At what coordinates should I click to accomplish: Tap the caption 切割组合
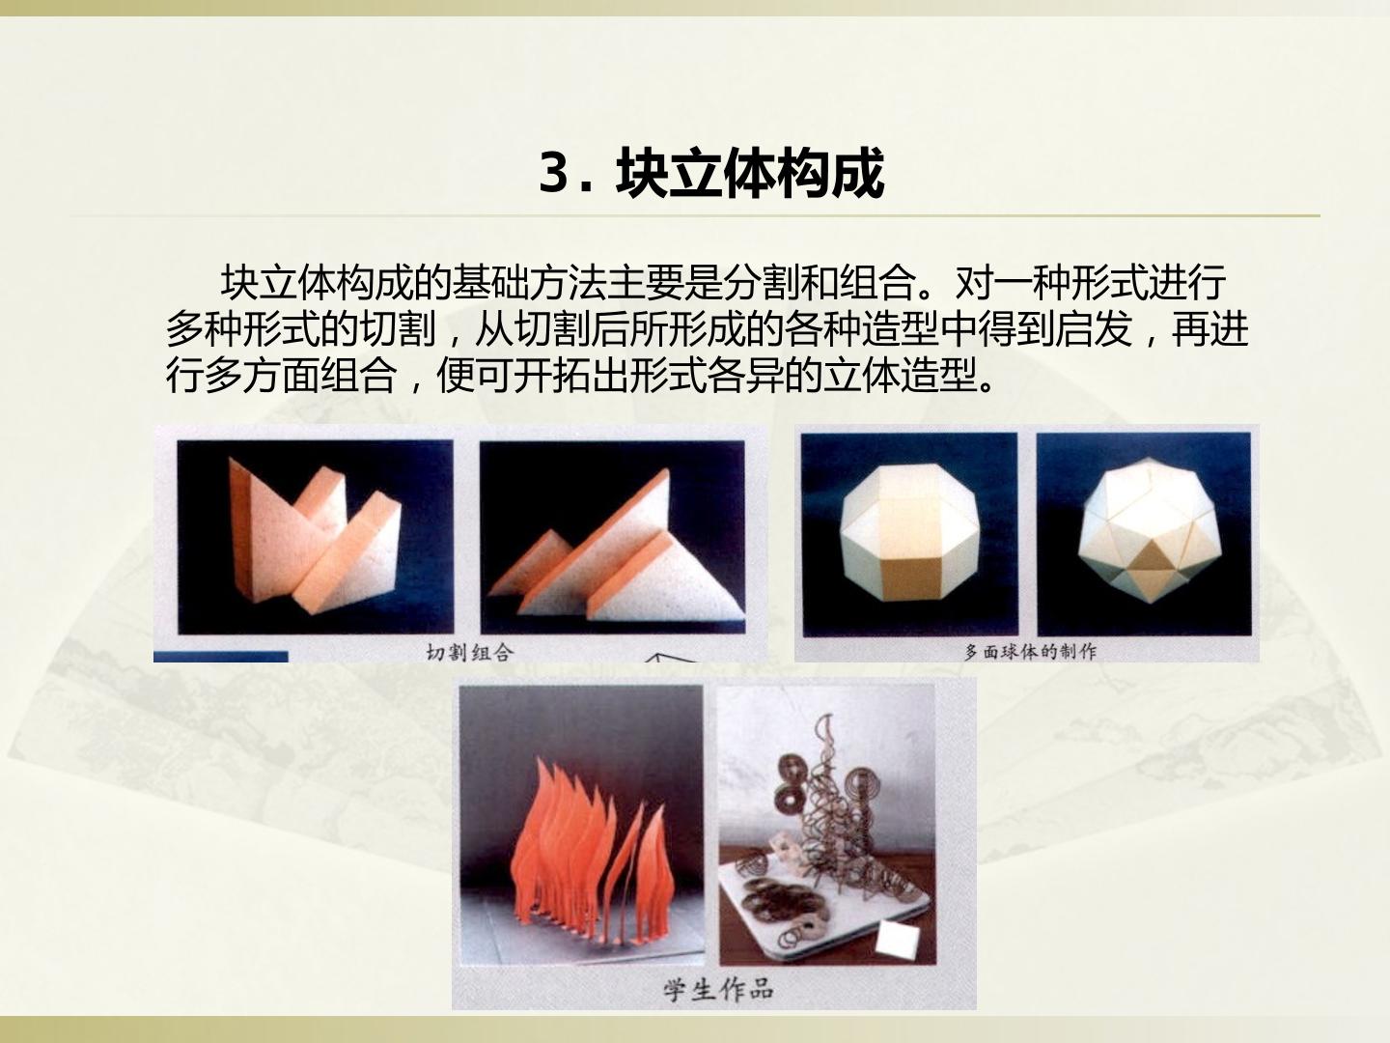469,652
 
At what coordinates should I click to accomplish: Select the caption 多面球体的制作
1030,652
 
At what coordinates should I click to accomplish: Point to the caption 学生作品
719,989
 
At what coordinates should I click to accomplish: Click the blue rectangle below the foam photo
221,657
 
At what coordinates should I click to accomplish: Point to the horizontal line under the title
695,216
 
